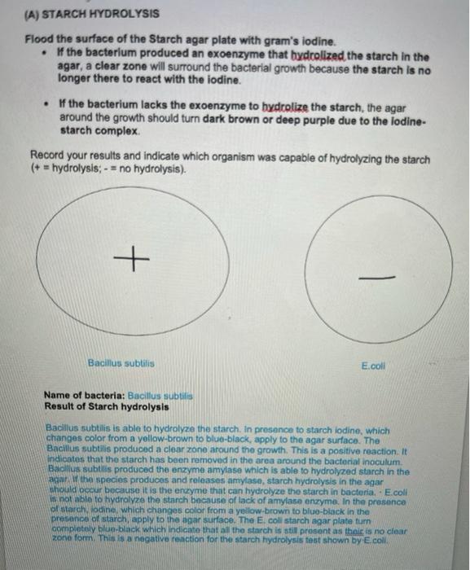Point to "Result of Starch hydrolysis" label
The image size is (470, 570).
click(107, 406)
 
